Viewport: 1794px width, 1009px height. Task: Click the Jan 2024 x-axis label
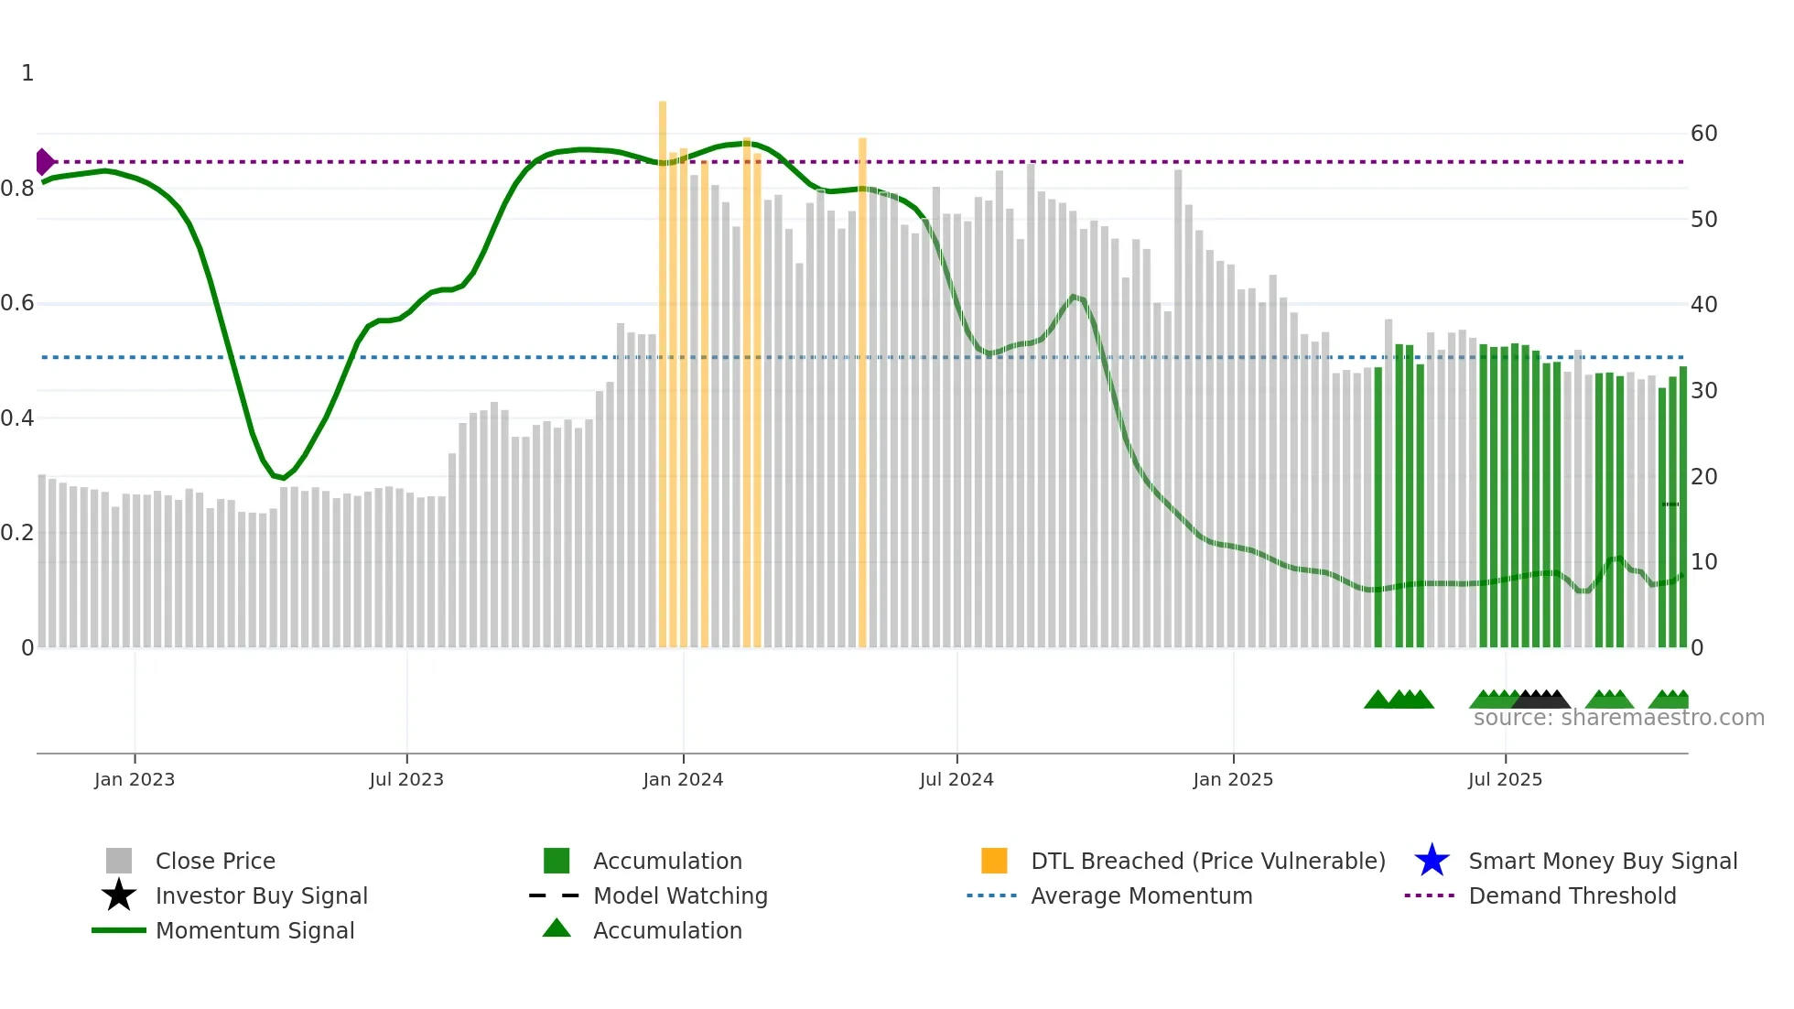683,779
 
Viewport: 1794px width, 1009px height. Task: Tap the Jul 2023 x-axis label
406,779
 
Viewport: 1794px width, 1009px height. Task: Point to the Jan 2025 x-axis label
1233,779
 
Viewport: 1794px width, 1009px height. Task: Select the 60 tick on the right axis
1703,134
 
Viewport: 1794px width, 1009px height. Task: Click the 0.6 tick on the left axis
17,303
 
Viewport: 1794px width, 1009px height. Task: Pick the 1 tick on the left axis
27,73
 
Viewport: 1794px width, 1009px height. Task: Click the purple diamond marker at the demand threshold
44,162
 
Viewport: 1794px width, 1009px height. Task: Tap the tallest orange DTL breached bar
663,366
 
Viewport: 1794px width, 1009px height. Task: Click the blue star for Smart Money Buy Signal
1432,861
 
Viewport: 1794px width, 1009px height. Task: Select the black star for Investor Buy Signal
119,895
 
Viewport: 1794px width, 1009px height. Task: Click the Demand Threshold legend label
1572,895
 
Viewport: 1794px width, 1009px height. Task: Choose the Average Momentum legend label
1141,895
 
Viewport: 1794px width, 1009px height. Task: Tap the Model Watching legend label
680,895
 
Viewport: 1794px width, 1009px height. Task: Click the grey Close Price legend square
119,861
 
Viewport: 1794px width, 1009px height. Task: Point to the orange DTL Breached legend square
994,861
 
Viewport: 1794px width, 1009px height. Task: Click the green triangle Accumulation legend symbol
557,928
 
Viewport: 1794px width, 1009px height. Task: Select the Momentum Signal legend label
254,930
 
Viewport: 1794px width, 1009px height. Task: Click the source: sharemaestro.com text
1618,718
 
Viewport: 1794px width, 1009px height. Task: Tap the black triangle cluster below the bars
1541,700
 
